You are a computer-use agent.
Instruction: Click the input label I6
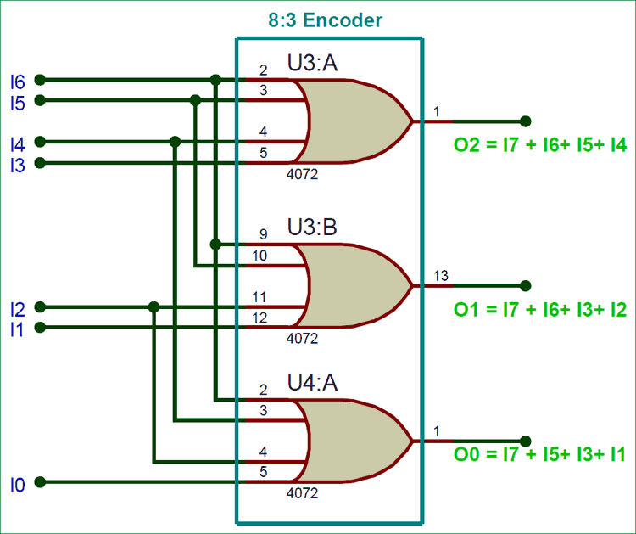coord(17,82)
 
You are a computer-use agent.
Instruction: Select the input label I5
coord(17,103)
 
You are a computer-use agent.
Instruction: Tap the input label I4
coord(17,143)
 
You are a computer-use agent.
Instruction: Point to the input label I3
coord(17,165)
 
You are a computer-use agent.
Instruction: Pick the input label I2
coord(17,308)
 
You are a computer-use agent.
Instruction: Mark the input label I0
coord(17,485)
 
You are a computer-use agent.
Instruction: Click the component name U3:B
coord(312,227)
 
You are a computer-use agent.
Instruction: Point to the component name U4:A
coord(312,383)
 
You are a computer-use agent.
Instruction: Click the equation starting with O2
coord(540,145)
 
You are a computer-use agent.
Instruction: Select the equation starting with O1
coord(540,310)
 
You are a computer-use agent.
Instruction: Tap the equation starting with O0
coord(540,455)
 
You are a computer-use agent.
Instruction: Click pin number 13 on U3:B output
coord(440,275)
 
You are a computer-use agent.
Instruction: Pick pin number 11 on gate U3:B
coord(259,297)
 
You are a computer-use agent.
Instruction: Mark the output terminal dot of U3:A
coord(526,121)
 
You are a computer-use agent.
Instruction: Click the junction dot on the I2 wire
coord(153,307)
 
